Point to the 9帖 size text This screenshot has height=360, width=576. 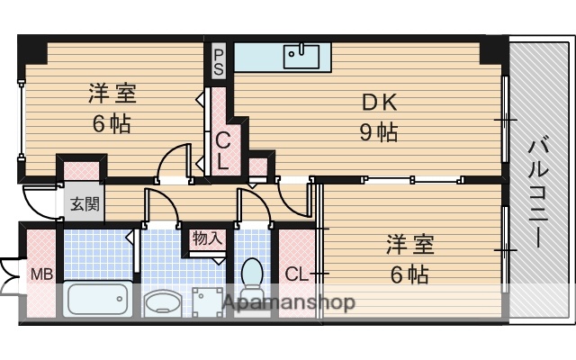(379, 133)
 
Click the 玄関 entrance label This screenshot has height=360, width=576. (86, 203)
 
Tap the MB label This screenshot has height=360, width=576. (40, 274)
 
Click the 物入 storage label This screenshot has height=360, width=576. (206, 238)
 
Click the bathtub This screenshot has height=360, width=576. (95, 298)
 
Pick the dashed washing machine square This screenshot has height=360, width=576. (211, 302)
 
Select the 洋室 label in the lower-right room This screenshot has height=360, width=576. (410, 243)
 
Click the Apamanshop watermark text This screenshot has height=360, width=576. (288, 302)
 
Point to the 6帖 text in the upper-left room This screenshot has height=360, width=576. (112, 124)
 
